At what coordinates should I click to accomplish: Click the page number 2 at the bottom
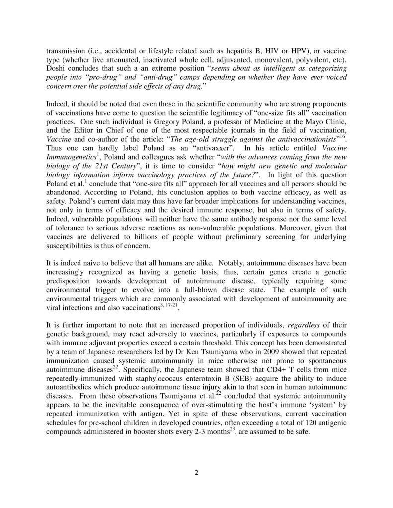tap(196, 472)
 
